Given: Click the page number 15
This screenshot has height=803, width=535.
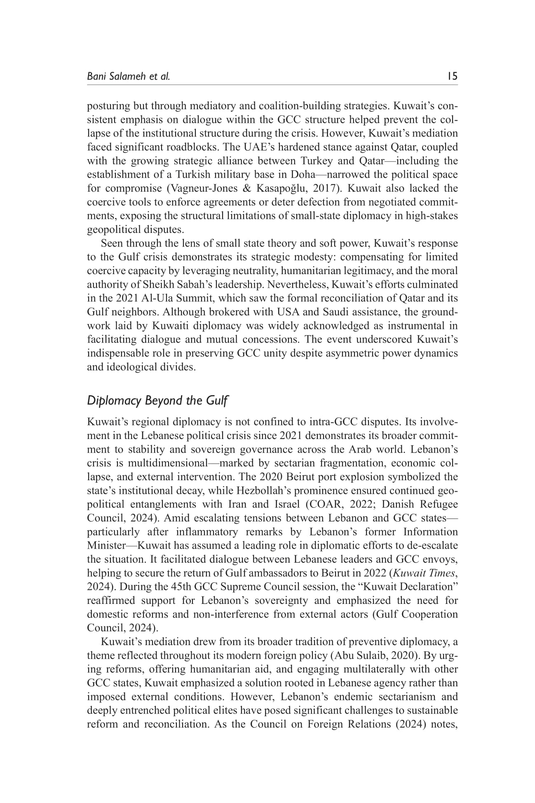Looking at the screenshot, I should coord(453,77).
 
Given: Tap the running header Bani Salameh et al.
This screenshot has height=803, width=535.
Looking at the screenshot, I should coord(128,77).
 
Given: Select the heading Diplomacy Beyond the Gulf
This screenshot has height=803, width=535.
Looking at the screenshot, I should coord(157,401).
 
